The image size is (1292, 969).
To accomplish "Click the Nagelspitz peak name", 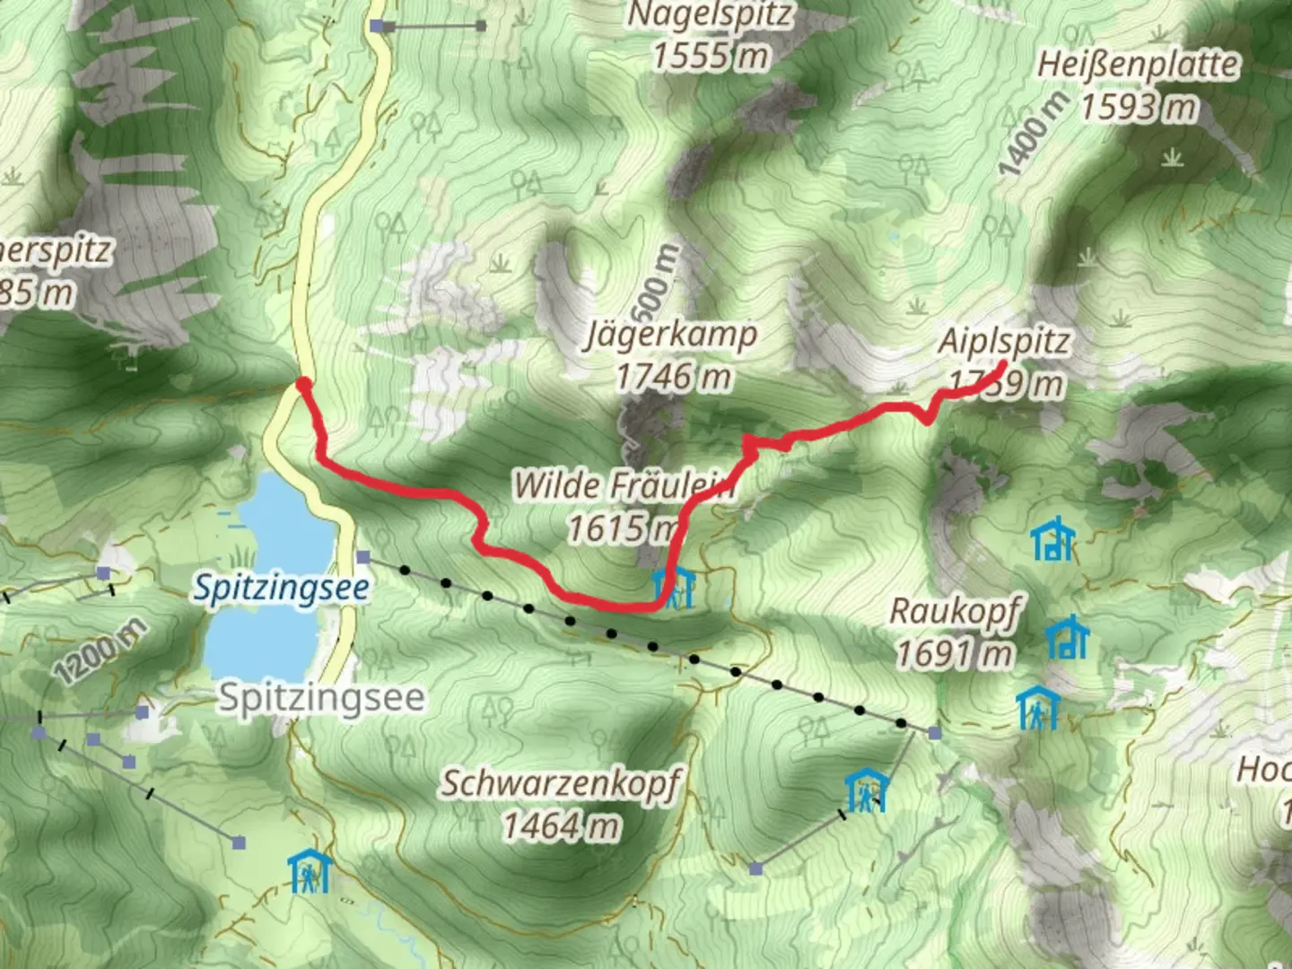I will (x=710, y=15).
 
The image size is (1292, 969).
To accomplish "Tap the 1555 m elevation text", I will (x=710, y=56).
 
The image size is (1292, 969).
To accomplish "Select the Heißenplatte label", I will (x=1138, y=65).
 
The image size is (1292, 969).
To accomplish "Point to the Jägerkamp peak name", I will (x=672, y=336).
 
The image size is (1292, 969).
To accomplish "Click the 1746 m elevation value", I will (x=672, y=377).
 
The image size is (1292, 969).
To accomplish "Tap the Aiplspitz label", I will (x=1004, y=342).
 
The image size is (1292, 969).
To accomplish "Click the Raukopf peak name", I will (x=955, y=612).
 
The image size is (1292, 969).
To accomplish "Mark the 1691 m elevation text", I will (x=955, y=654).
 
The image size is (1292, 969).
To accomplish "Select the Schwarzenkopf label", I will (x=561, y=783).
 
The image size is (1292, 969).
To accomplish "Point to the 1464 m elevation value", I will (x=561, y=825).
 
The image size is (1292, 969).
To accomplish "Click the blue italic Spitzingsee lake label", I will (x=282, y=588).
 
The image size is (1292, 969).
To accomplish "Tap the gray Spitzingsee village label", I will (x=321, y=697).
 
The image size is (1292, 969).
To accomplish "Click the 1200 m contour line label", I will (x=99, y=652).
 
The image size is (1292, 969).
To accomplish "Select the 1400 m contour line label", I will (x=1033, y=134).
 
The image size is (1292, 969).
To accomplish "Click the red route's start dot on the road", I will (x=303, y=385).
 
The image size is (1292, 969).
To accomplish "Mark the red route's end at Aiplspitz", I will (x=1000, y=365).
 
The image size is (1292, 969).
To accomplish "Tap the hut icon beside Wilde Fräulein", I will (x=674, y=588).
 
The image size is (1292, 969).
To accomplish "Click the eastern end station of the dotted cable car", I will (x=935, y=734).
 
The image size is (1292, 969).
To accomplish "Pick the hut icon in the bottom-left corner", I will (x=310, y=870).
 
